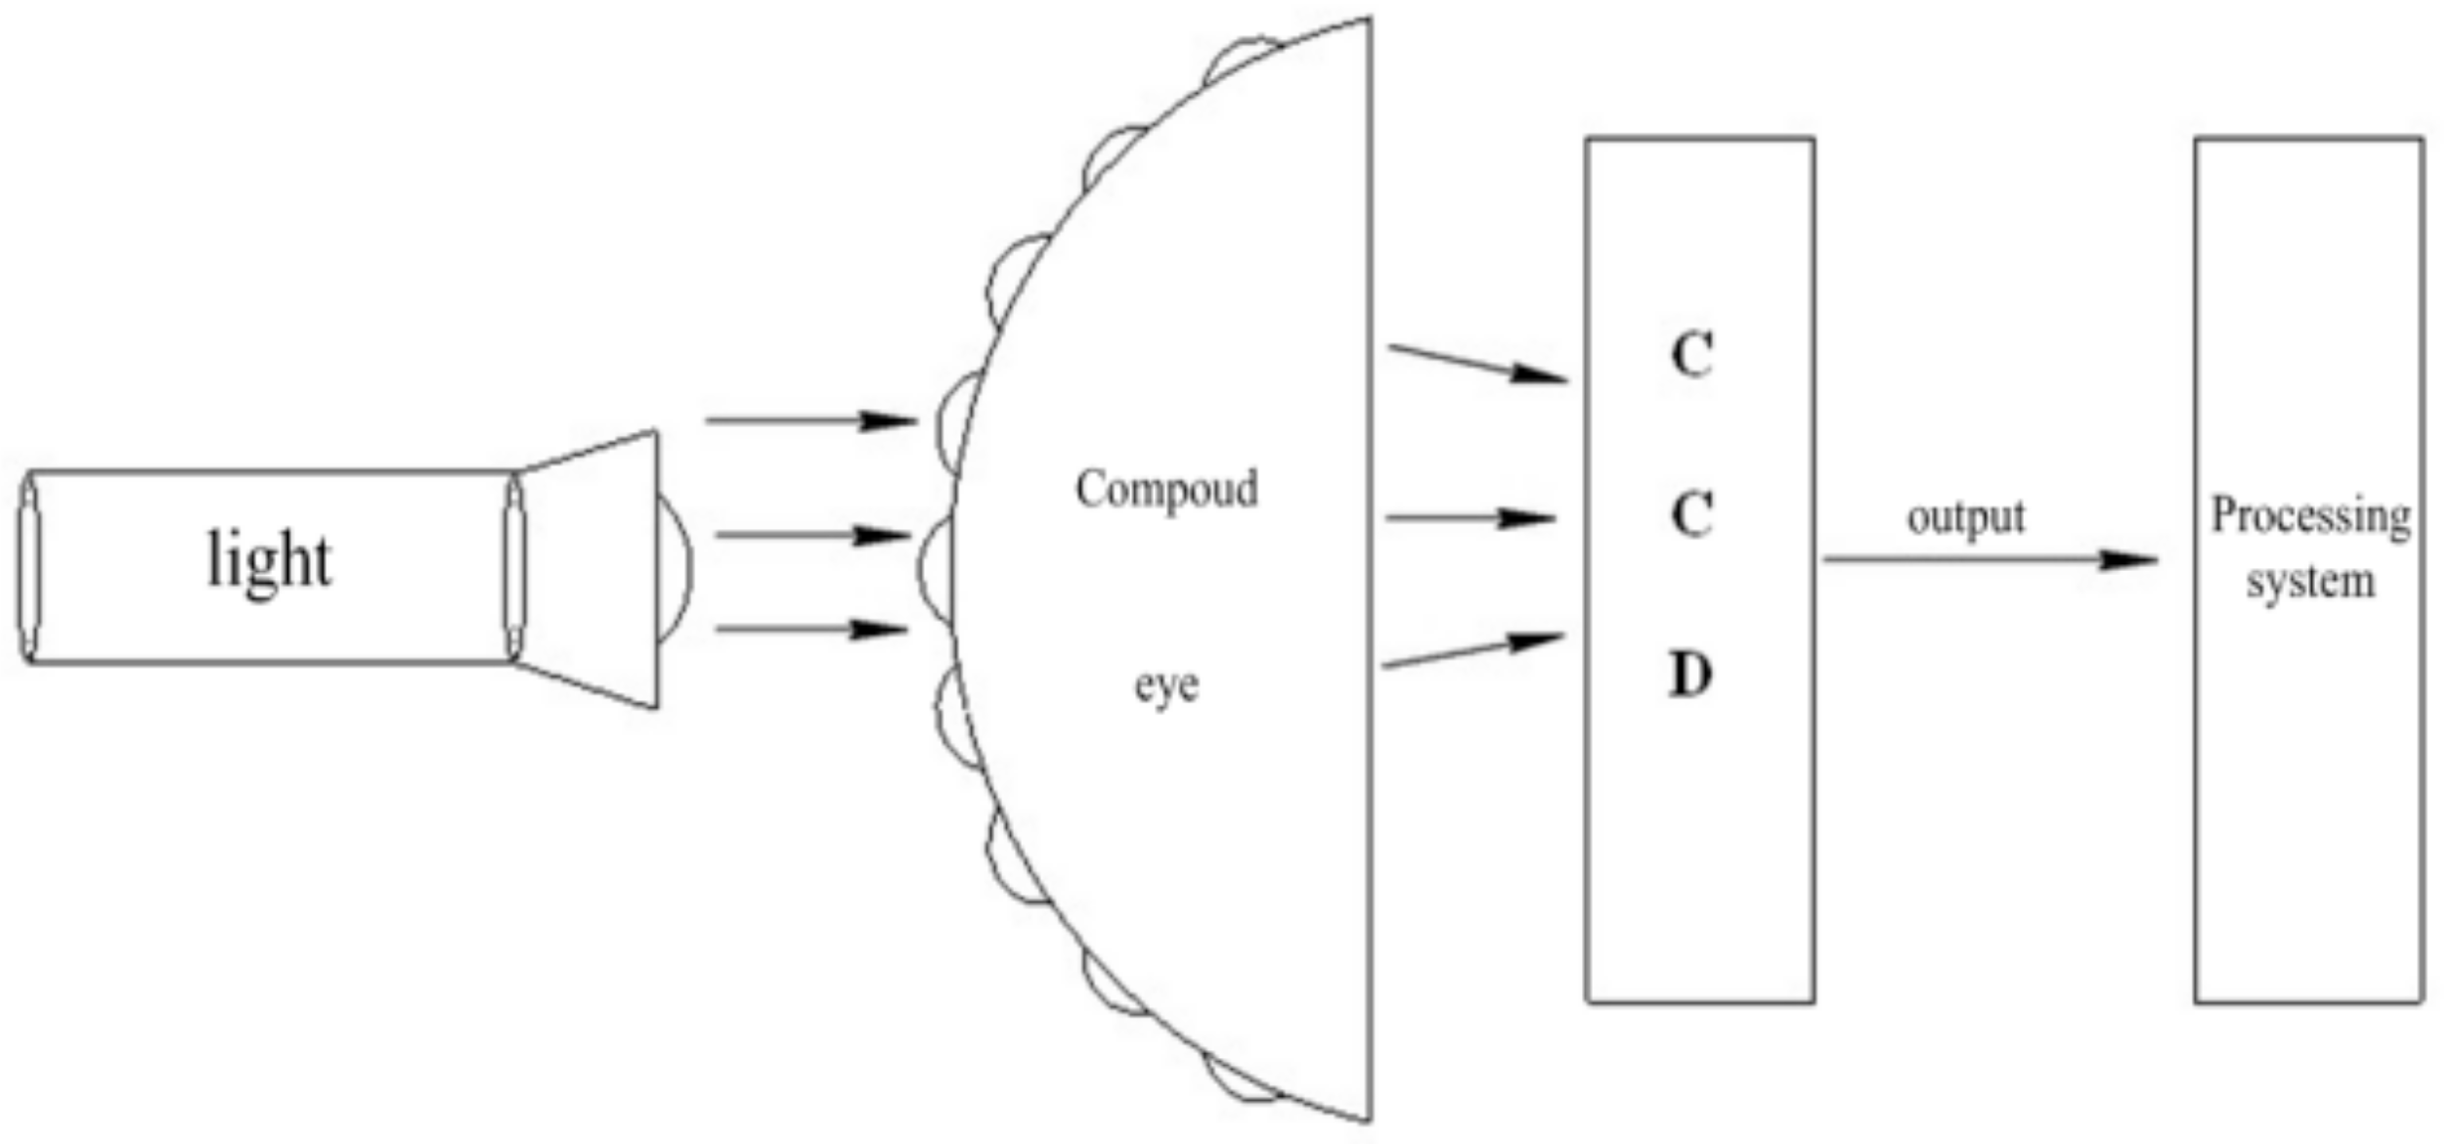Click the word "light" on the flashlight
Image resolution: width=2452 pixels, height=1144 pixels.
click(x=269, y=562)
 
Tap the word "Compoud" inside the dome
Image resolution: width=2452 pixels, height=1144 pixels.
click(x=1166, y=489)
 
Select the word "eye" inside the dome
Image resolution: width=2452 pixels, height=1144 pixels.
click(x=1165, y=686)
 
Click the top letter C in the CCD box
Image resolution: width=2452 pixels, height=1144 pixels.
click(x=1691, y=355)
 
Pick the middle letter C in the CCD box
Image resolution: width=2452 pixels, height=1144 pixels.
click(x=1691, y=514)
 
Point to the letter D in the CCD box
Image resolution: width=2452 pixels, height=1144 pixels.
click(x=1690, y=675)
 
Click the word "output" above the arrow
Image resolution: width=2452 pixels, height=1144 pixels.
click(x=1965, y=517)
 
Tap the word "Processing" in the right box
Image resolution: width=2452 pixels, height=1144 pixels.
click(x=2310, y=517)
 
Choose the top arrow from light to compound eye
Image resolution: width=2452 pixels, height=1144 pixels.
click(x=810, y=421)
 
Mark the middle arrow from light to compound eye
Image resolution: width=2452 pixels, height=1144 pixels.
click(x=811, y=536)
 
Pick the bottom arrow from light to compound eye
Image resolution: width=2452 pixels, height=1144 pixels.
click(x=811, y=630)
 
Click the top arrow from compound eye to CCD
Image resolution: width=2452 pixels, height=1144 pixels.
click(x=1478, y=363)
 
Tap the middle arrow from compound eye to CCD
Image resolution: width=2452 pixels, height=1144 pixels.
click(x=1470, y=517)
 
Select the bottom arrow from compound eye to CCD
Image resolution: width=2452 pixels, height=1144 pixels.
click(x=1472, y=652)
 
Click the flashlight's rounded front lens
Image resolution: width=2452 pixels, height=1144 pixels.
click(x=675, y=568)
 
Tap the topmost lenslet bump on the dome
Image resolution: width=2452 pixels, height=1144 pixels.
click(x=1240, y=57)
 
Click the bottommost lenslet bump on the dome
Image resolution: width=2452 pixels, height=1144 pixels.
click(x=1240, y=1081)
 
